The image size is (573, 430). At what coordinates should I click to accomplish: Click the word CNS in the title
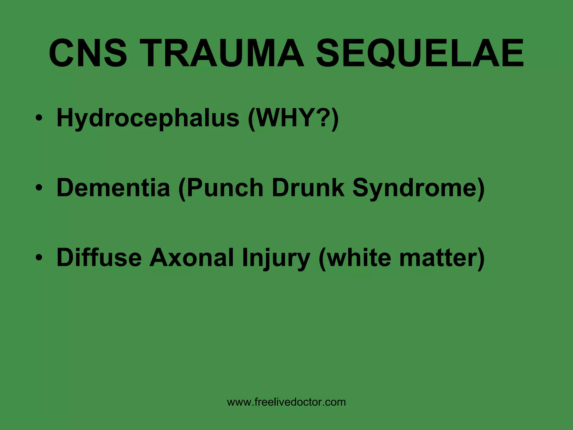point(88,53)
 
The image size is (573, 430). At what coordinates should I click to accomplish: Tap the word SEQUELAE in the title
point(420,53)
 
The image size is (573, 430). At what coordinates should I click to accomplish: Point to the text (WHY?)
point(293,118)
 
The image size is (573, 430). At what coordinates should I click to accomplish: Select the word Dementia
point(113,188)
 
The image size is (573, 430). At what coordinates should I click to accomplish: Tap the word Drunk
point(308,188)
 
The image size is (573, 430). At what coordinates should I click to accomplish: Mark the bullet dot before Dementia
point(39,188)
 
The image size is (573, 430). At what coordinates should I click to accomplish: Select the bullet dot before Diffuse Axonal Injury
point(39,257)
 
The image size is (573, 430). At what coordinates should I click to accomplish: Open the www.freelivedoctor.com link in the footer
point(286,402)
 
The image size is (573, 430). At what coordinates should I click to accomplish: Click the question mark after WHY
point(324,118)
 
